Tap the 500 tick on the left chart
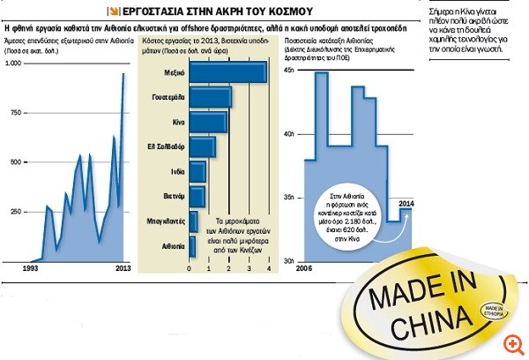click(16, 163)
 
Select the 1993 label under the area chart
click(30, 266)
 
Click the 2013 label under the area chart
click(124, 266)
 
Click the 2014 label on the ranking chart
click(405, 206)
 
